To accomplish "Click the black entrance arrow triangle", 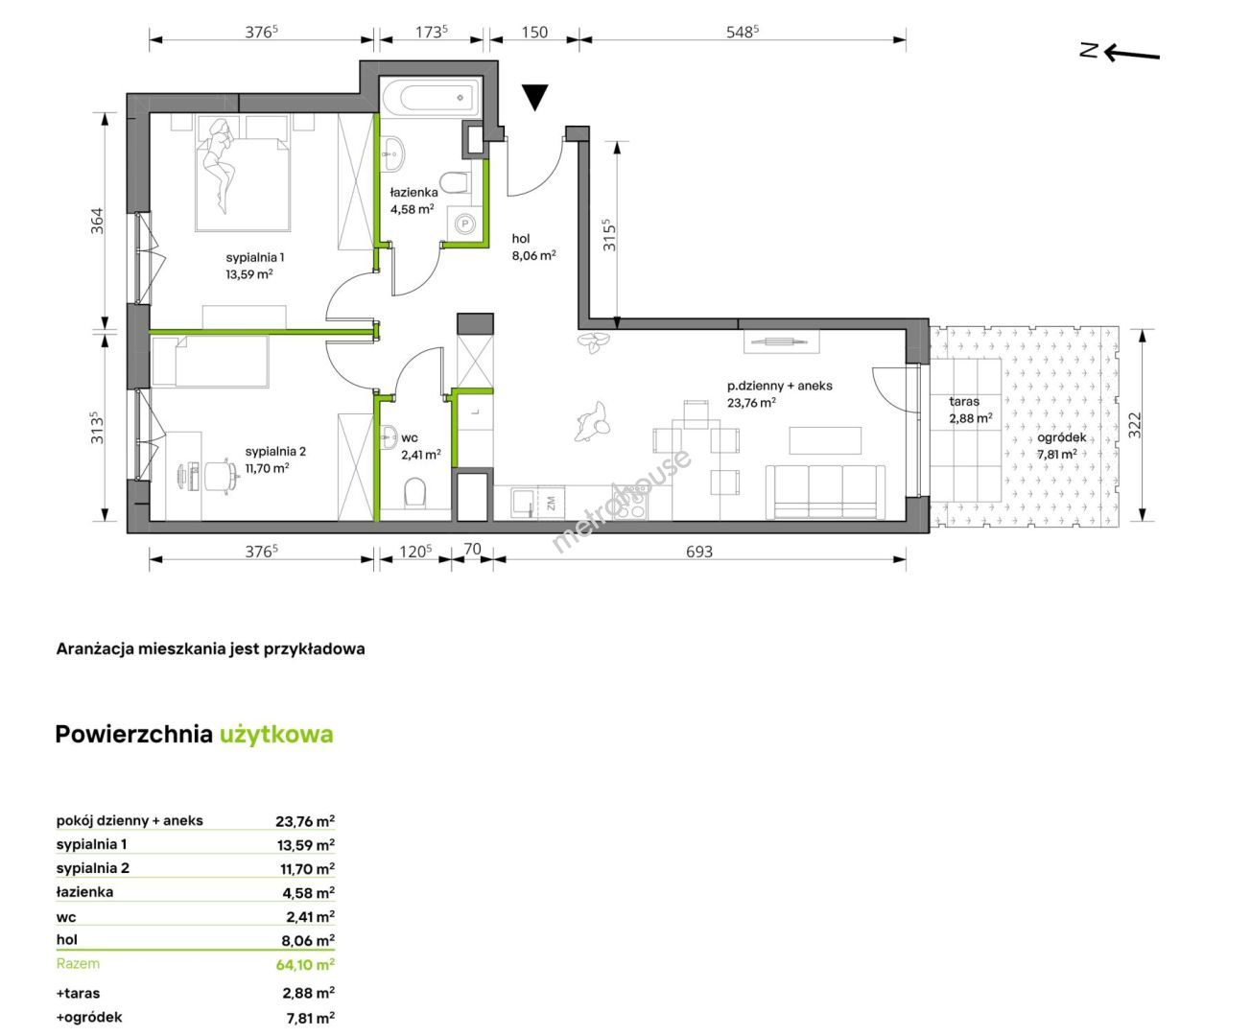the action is (x=534, y=96).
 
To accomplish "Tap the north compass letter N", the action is (x=1088, y=50).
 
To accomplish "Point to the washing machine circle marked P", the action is (x=465, y=224).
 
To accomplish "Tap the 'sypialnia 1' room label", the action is (x=254, y=258).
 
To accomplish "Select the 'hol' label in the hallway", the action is (x=521, y=239).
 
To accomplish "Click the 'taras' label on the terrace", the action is (x=964, y=402).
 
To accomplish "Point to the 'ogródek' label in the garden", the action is (x=1061, y=437).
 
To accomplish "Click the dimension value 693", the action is (x=698, y=552).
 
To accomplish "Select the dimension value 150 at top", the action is (x=534, y=33).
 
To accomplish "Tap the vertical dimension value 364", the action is (x=97, y=221).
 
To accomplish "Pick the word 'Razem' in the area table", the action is (x=78, y=963).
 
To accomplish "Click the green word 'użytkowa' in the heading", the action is (x=276, y=735).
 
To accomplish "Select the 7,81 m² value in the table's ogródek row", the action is (x=310, y=1017).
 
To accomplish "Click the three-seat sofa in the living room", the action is (x=826, y=492).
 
